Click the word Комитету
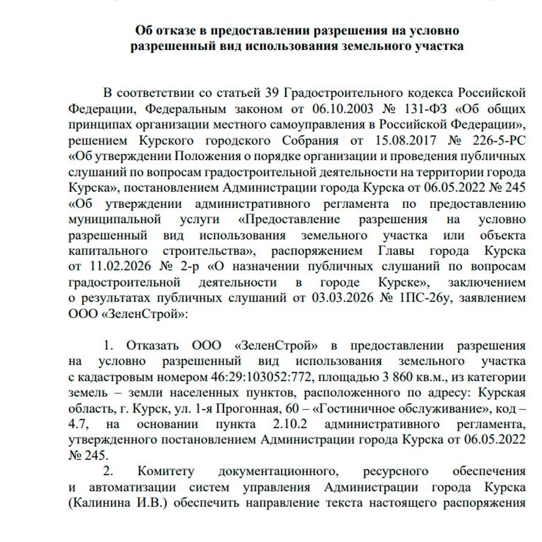click(170, 471)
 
